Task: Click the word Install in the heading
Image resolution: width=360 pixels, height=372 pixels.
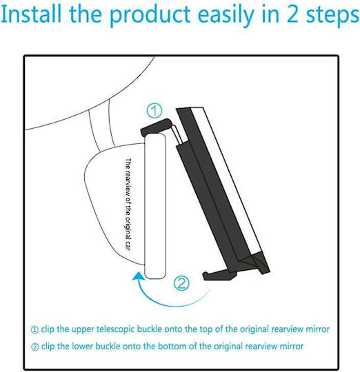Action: point(31,14)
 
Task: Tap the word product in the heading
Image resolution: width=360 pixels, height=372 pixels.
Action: point(150,16)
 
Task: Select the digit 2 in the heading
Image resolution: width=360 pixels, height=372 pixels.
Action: point(292,14)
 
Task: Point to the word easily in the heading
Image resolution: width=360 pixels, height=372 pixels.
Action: point(226,16)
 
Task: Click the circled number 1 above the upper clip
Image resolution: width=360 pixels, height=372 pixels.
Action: point(154,110)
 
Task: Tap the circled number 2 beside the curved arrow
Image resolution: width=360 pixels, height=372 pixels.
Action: point(181,283)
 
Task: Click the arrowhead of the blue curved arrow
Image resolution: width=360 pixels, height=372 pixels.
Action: point(138,277)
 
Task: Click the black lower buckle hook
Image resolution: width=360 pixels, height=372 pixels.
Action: point(220,275)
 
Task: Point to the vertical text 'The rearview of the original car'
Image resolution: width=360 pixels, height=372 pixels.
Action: point(128,204)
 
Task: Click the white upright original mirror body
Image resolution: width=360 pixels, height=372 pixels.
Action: point(155,206)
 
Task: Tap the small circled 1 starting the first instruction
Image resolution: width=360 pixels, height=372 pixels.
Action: point(34,330)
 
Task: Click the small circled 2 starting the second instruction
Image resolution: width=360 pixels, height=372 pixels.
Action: point(35,347)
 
